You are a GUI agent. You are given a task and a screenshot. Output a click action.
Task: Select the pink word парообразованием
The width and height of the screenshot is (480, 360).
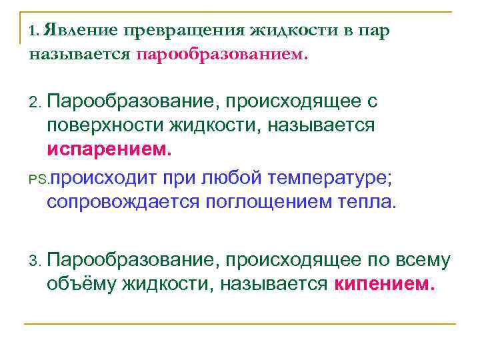(x=222, y=55)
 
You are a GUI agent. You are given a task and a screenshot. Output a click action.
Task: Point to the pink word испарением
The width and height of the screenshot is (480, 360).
(x=109, y=149)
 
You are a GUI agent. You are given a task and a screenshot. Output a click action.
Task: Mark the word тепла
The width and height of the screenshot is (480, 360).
(x=367, y=202)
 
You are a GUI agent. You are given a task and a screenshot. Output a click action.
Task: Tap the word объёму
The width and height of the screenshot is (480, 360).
(x=81, y=285)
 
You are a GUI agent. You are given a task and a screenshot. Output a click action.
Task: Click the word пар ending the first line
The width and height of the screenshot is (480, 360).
(x=375, y=31)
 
